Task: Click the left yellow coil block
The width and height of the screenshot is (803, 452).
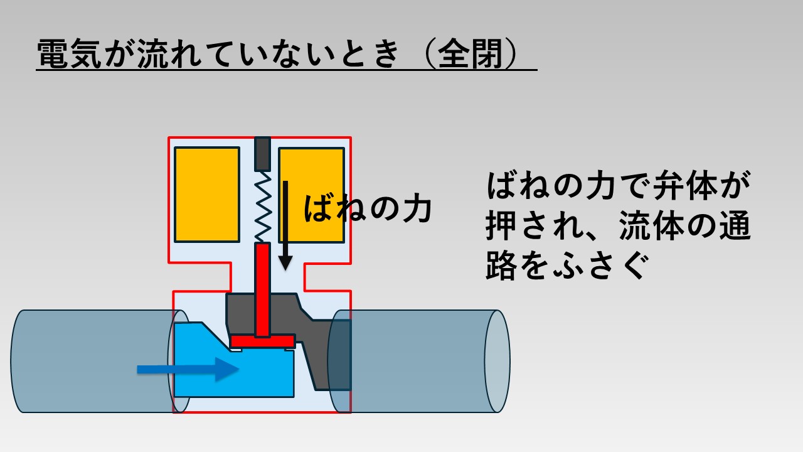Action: tap(206, 195)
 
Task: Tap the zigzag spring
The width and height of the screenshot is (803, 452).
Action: tap(263, 207)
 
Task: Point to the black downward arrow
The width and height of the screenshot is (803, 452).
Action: tap(285, 226)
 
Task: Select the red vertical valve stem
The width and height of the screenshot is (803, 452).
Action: tap(262, 289)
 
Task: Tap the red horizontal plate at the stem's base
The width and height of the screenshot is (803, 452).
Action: tap(262, 341)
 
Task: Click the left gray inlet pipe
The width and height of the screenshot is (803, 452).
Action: tap(88, 361)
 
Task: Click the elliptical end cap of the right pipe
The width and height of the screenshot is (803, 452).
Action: tap(497, 361)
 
